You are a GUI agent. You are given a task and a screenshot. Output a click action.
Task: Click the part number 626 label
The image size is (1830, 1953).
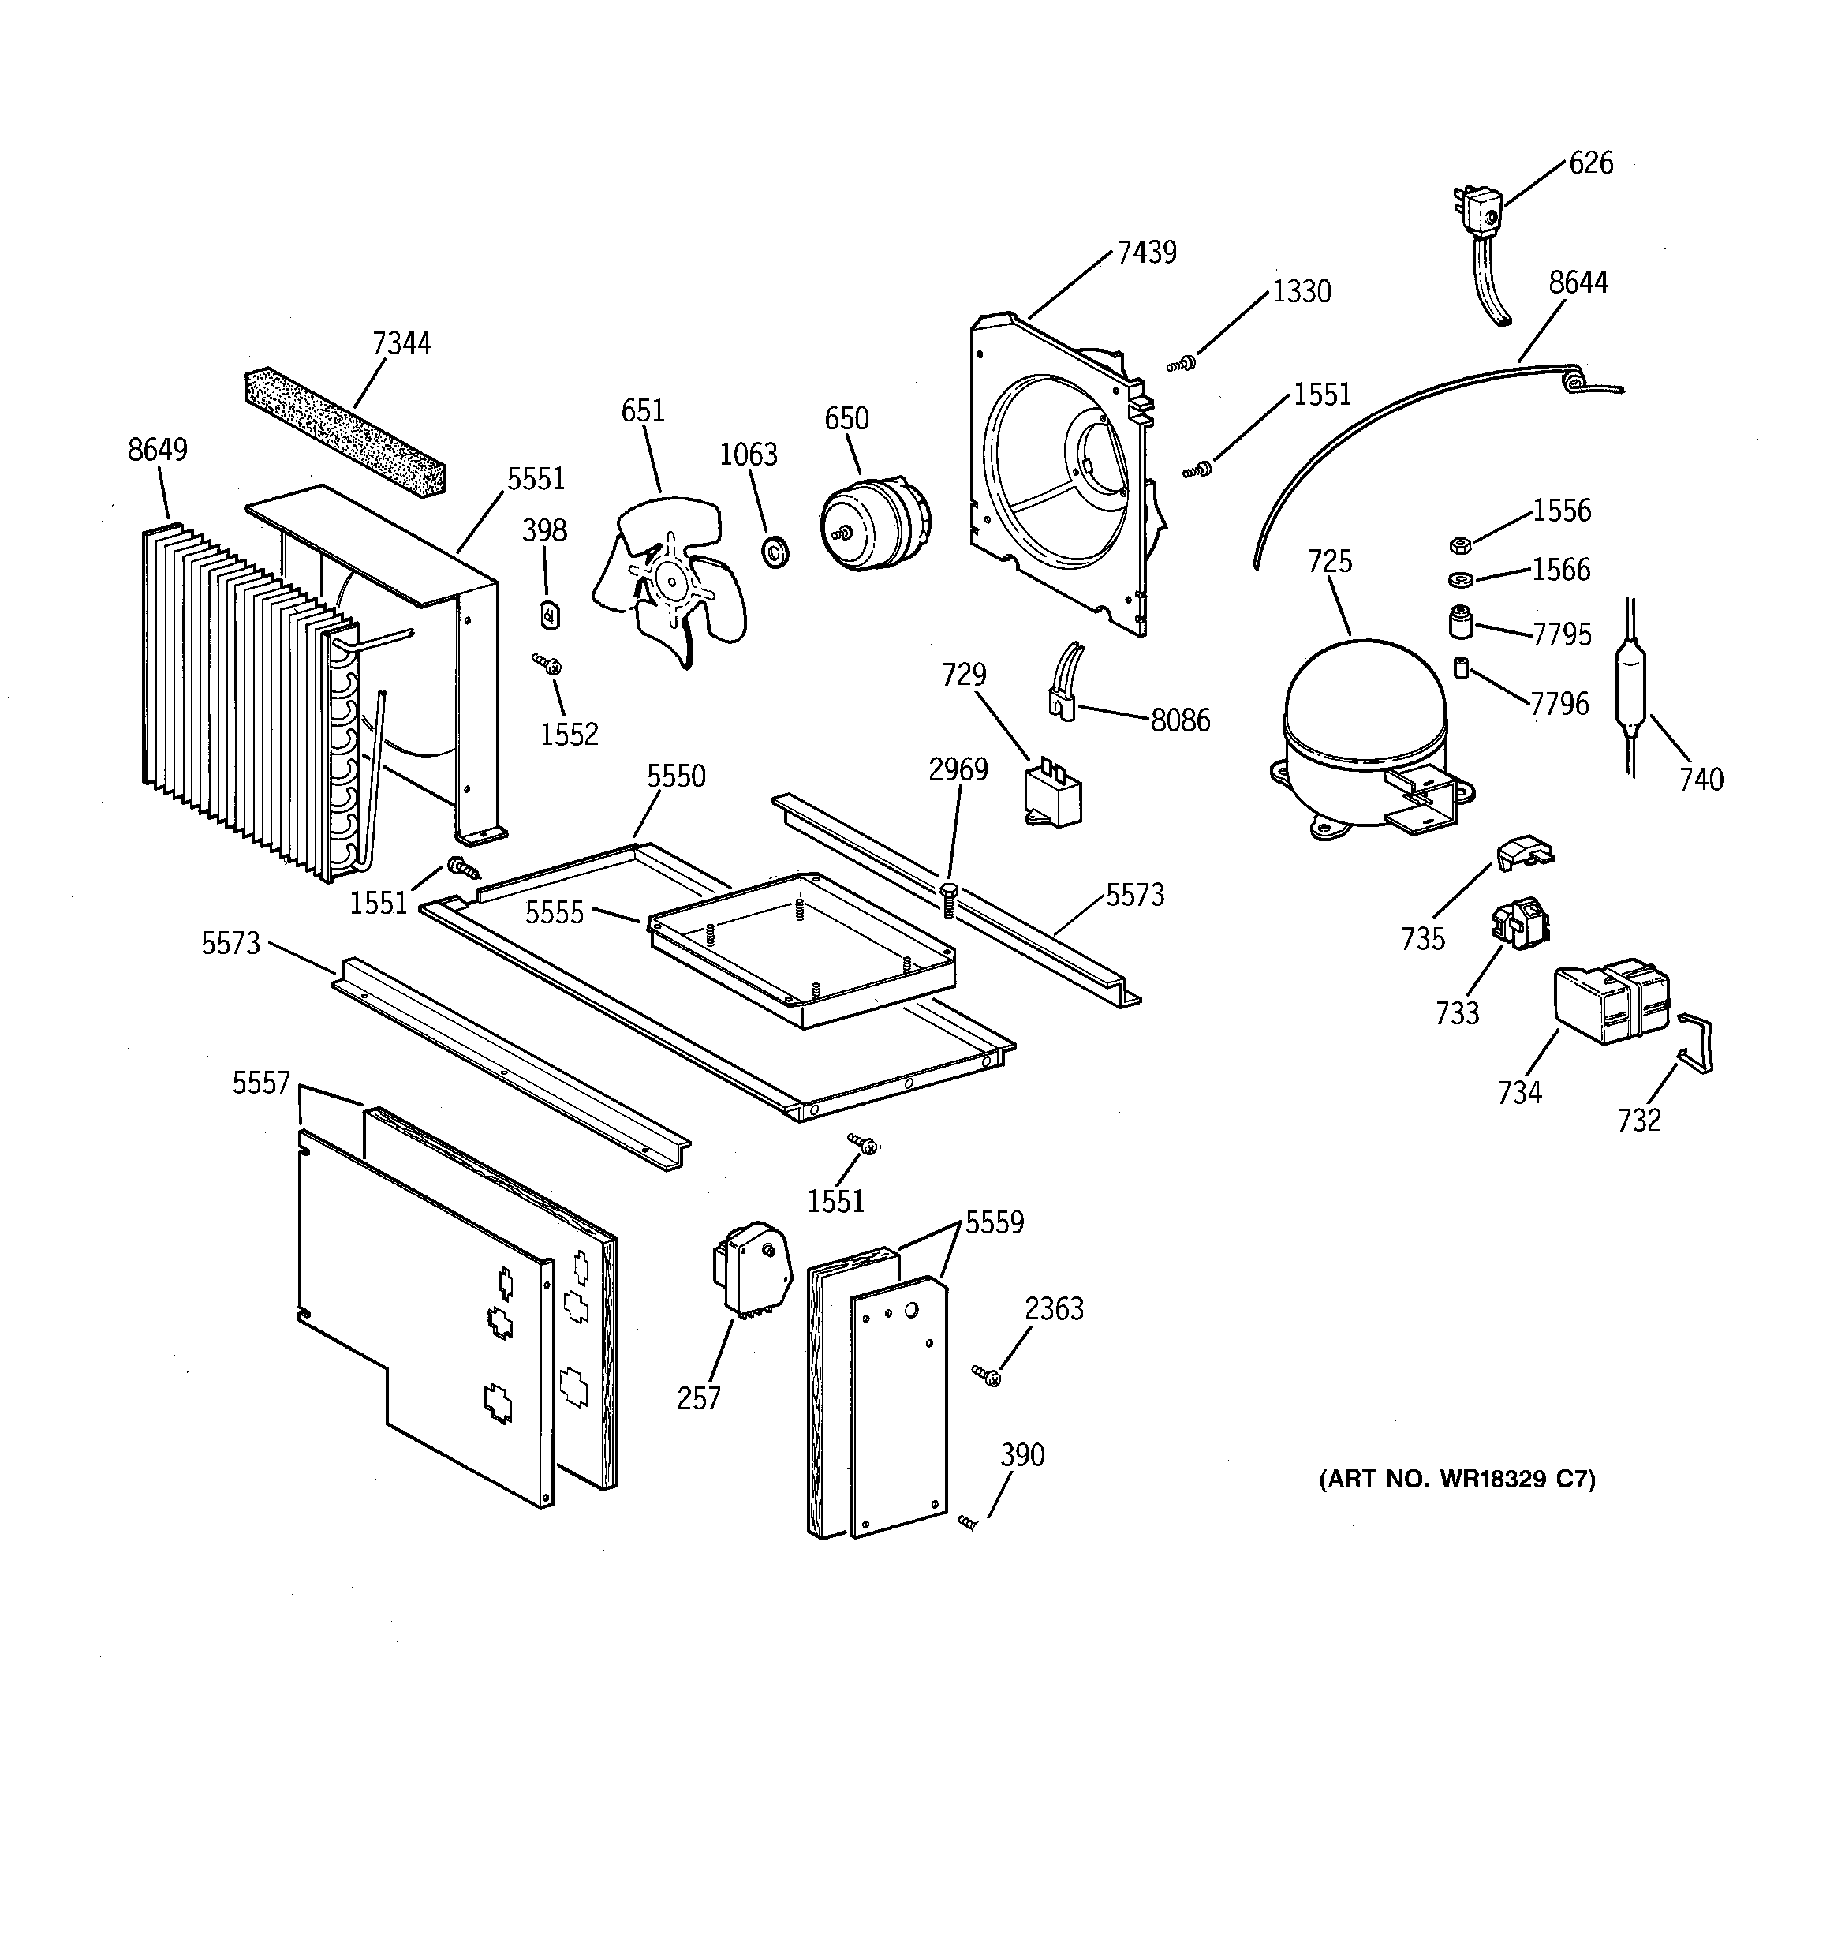click(1590, 163)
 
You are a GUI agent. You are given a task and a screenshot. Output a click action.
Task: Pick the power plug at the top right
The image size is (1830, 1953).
click(1477, 221)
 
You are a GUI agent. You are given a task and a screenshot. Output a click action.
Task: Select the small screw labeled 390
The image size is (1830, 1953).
click(969, 1521)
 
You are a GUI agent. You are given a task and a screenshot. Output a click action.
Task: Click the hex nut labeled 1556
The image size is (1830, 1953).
click(1460, 544)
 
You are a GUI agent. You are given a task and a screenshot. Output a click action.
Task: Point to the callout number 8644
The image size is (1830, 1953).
click(1578, 283)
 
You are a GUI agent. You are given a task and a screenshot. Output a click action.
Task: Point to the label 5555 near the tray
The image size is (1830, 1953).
click(554, 913)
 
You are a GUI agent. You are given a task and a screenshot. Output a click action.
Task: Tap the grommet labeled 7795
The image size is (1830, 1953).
click(1462, 623)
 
